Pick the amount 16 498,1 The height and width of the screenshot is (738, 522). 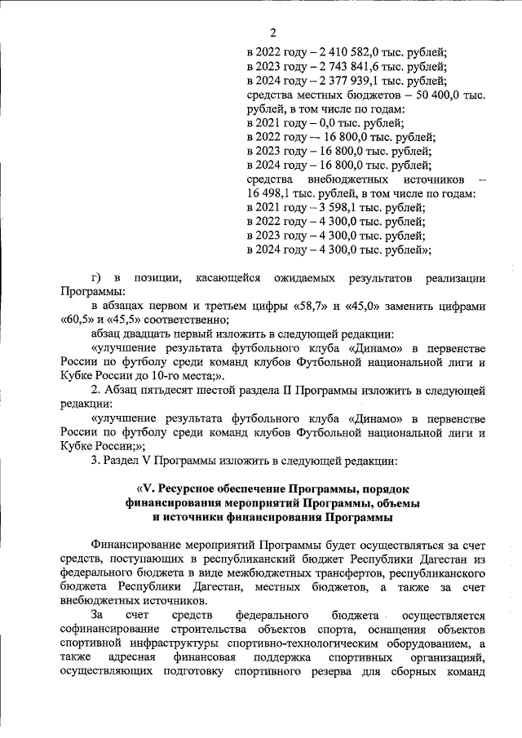268,194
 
